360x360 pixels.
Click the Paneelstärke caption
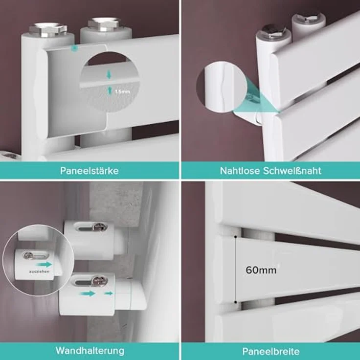point(90,171)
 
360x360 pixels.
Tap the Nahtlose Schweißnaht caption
point(270,171)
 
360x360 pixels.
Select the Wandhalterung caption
point(90,351)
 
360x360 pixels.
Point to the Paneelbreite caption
point(271,352)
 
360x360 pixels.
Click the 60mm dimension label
point(261,270)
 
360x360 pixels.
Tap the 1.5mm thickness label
point(122,91)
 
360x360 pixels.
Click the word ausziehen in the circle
point(39,271)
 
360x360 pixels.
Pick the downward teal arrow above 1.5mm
point(109,74)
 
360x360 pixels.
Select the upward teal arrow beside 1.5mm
point(110,90)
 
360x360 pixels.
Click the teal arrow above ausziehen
point(45,265)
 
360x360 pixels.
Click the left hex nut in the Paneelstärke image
point(48,30)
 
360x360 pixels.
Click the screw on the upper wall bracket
point(100,227)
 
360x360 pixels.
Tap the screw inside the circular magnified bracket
point(28,255)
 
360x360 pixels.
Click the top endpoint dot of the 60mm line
point(236,236)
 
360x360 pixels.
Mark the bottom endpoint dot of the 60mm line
point(236,302)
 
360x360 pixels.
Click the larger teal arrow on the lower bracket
point(88,293)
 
